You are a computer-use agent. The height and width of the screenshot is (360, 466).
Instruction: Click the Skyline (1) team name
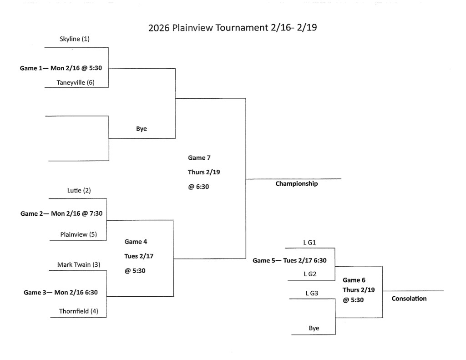(75, 39)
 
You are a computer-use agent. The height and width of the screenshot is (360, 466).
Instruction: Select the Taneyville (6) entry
(76, 82)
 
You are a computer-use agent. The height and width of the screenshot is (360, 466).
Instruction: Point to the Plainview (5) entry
(79, 234)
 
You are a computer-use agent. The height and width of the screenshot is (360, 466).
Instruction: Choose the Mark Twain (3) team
(79, 264)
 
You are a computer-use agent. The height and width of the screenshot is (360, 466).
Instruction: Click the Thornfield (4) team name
(79, 311)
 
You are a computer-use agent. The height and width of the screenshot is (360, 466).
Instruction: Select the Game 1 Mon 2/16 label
(61, 68)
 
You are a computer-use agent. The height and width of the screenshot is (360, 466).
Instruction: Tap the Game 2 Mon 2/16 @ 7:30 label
(61, 213)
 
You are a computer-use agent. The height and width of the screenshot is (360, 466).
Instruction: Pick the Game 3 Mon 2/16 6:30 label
(61, 292)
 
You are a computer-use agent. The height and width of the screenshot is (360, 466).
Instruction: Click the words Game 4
(136, 242)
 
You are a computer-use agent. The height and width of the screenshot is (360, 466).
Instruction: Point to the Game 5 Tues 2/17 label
(289, 260)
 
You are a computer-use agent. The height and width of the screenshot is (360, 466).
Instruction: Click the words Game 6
(354, 280)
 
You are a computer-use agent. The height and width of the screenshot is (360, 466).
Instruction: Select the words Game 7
(199, 157)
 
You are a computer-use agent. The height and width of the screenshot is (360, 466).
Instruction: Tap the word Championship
(297, 184)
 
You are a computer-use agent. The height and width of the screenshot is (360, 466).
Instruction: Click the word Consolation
(409, 299)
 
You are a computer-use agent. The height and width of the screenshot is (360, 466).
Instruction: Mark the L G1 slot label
(309, 243)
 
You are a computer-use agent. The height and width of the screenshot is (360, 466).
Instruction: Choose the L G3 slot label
(312, 294)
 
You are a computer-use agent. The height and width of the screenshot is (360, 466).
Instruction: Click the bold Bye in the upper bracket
(142, 129)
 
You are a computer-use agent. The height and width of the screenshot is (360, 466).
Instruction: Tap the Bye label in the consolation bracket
(314, 328)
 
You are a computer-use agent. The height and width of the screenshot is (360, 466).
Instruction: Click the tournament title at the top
(233, 27)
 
